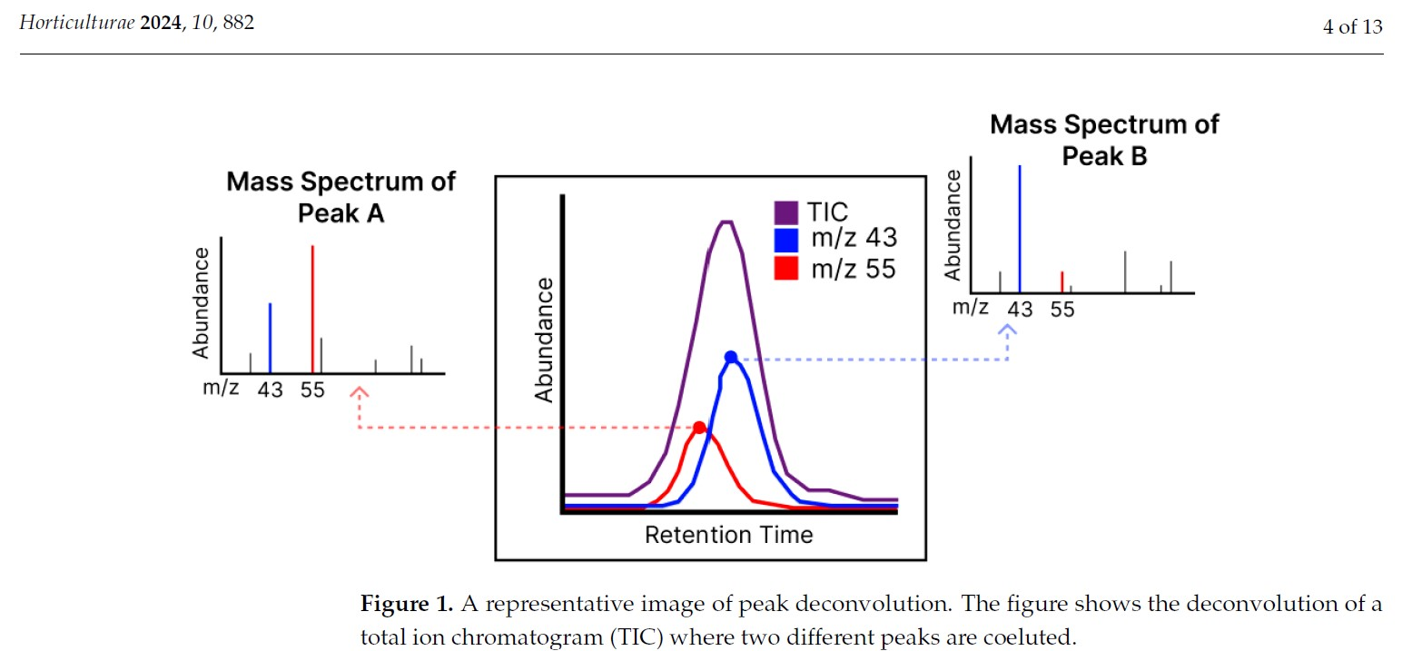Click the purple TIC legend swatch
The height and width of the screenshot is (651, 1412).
point(786,212)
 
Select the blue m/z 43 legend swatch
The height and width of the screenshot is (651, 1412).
point(786,240)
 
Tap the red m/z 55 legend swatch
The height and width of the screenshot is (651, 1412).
point(786,268)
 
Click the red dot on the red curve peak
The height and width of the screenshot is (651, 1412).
point(698,428)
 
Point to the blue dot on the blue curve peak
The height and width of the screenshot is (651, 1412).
point(731,357)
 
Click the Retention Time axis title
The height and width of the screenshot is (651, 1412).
point(728,535)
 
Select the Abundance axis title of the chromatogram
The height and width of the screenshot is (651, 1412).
point(544,340)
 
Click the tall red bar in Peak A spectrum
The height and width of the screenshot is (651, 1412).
point(312,309)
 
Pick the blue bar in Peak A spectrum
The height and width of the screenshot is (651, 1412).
point(270,338)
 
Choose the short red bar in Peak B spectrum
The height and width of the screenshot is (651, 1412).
point(1061,281)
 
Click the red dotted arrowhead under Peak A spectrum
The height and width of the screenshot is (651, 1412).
point(360,393)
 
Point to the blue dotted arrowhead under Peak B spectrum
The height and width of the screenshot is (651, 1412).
point(1008,330)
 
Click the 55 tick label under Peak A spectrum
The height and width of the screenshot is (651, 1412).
point(312,390)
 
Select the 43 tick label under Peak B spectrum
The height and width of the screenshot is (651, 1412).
point(1020,310)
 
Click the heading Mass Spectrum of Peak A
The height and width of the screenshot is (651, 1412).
point(341,197)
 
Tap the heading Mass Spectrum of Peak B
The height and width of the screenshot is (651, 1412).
point(1104,140)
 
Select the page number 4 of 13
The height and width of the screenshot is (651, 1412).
point(1352,26)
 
